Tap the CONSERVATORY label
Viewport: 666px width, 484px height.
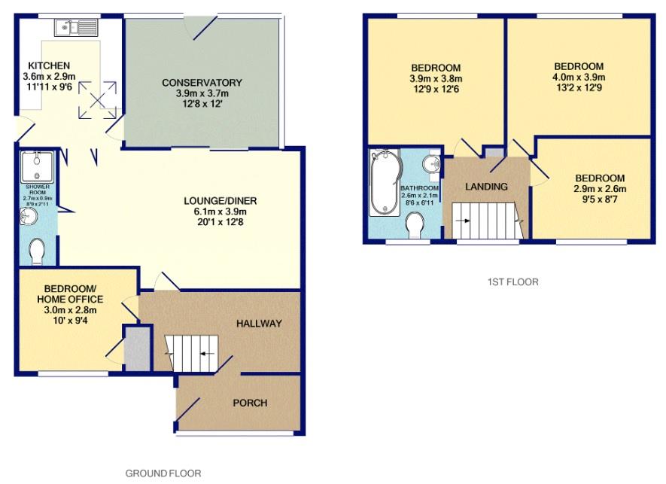click(203, 82)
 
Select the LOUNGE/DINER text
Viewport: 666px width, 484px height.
click(220, 201)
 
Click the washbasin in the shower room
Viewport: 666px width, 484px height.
click(28, 217)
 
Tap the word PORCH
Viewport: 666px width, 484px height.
click(250, 403)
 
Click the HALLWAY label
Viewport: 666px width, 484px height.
click(259, 324)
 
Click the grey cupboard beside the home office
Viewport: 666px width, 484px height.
click(137, 349)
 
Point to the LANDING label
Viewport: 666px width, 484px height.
click(486, 187)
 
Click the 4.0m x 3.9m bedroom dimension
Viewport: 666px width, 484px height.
click(578, 78)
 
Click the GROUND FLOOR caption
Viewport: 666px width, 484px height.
click(163, 473)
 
